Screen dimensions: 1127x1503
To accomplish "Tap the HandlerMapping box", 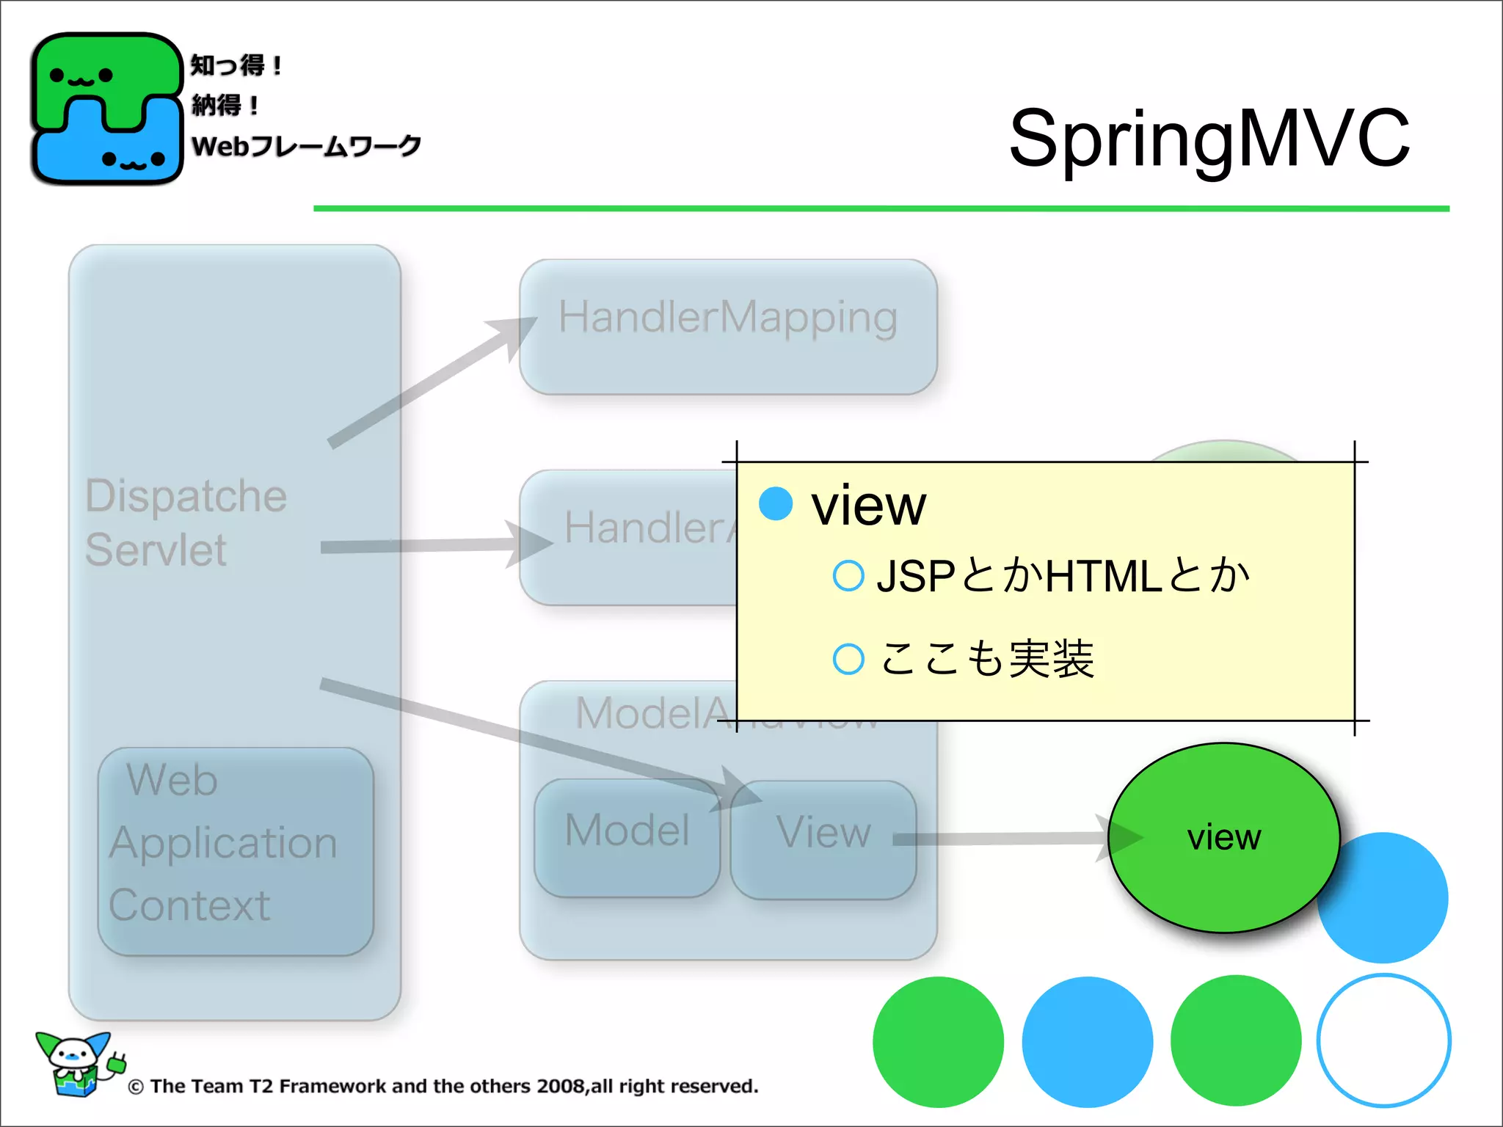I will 727,327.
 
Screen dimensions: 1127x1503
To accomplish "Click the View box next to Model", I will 823,840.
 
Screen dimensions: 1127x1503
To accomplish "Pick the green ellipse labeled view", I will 1223,837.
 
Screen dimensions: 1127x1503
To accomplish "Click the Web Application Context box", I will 235,851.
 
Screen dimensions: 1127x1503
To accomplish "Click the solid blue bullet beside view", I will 776,504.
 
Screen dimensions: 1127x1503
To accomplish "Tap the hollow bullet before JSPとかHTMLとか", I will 848,576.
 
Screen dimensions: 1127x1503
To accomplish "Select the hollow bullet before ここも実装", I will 848,659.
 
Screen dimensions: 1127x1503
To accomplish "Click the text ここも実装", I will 987,659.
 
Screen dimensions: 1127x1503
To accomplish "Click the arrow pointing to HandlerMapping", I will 433,382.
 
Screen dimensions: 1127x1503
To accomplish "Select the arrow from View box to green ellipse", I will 1013,839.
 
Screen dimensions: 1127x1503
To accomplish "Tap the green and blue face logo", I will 106,109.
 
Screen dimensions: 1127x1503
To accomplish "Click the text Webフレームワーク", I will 306,146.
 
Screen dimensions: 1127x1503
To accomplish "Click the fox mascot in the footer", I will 77,1064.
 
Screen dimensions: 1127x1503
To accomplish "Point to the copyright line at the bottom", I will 443,1087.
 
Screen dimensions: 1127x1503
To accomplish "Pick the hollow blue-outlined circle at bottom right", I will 1383,1040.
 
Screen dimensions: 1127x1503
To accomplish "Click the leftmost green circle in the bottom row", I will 938,1042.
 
